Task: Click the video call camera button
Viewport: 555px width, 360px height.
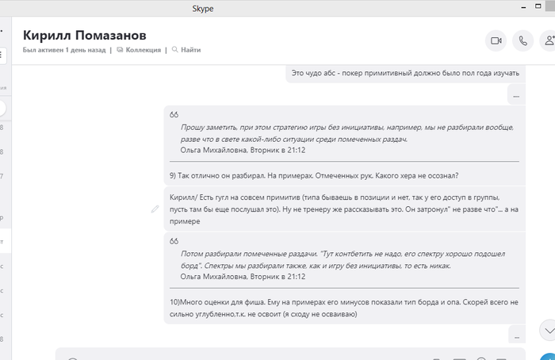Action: point(496,40)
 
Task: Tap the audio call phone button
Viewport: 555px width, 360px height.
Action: point(522,40)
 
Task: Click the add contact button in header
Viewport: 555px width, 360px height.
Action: point(548,40)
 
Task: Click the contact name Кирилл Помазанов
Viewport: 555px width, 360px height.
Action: point(85,35)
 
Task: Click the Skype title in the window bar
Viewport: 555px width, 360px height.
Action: point(203,9)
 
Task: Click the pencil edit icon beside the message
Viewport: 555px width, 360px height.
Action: point(155,209)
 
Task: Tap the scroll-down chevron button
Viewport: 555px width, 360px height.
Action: point(546,329)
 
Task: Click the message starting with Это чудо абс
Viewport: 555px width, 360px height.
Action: point(405,73)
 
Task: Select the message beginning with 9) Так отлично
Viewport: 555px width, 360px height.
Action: point(314,175)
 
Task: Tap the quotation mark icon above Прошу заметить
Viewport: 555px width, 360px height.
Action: point(174,115)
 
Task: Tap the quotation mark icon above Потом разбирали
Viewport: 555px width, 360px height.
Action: point(174,241)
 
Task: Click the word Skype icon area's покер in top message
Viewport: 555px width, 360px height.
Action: point(354,73)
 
